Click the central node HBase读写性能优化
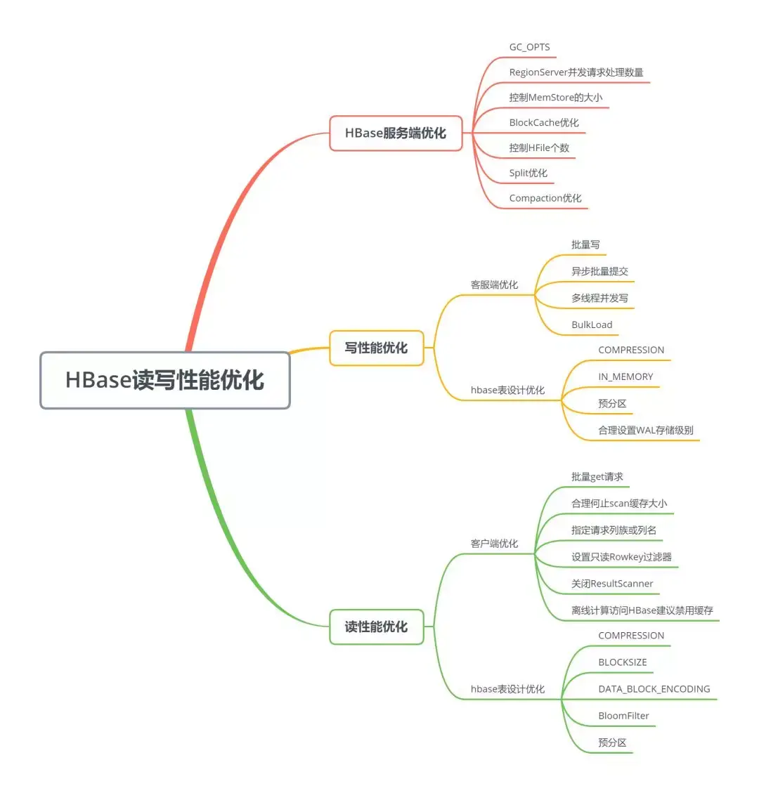[164, 380]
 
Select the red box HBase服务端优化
[396, 133]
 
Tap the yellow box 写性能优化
[376, 348]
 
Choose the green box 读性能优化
[376, 627]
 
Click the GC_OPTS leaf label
[529, 47]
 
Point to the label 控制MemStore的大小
[555, 98]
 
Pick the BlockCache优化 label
[544, 123]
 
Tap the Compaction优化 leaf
[545, 198]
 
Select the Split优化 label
[528, 173]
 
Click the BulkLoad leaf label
[592, 325]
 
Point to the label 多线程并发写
[599, 298]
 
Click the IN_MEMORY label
[625, 376]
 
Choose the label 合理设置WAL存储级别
[645, 430]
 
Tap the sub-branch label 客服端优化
[494, 284]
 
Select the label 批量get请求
[597, 477]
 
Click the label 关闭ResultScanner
[612, 584]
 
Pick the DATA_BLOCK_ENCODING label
[654, 689]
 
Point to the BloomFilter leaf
[623, 716]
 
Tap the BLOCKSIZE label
[622, 662]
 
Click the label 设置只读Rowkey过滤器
[621, 557]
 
